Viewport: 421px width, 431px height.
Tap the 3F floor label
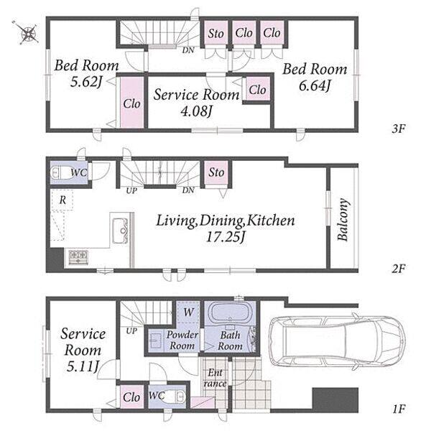399,129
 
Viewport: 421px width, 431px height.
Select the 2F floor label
399,269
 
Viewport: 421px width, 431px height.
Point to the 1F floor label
399,409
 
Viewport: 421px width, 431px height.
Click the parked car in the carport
336,340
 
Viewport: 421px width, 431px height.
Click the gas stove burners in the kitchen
78,257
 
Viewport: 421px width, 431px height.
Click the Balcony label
343,220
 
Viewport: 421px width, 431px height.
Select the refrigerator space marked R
63,200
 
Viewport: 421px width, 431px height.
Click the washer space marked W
189,312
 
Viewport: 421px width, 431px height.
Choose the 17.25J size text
226,237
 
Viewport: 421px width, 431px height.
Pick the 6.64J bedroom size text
314,85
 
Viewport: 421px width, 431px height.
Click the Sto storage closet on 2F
216,172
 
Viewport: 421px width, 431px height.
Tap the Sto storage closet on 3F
216,33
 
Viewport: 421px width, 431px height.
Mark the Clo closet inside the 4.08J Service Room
257,89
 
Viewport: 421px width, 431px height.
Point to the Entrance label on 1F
215,378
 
